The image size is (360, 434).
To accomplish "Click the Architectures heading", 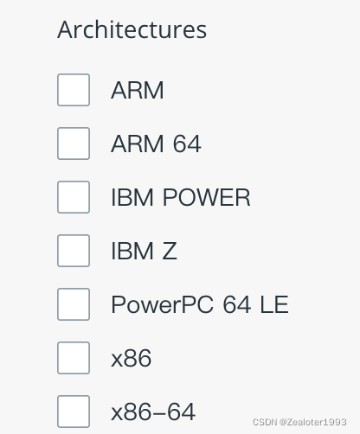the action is click(x=132, y=29).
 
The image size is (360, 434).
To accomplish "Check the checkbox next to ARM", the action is click(x=74, y=90).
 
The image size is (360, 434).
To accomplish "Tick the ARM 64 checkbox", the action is click(x=74, y=144).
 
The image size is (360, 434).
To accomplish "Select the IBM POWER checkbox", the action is click(x=74, y=197).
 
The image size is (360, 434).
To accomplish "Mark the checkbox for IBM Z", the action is click(x=74, y=251).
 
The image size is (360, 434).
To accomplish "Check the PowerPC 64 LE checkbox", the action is click(x=74, y=304).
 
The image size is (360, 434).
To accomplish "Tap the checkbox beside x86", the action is click(x=74, y=358).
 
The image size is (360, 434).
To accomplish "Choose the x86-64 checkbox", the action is click(x=74, y=412).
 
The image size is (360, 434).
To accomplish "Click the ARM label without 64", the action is click(x=138, y=90).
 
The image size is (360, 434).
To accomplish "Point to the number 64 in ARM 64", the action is click(x=187, y=144).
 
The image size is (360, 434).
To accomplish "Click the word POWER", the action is click(x=207, y=197).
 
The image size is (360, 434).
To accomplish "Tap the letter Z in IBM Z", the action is click(x=170, y=251).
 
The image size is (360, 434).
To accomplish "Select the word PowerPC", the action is click(x=163, y=304).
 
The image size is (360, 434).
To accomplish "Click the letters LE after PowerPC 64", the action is click(x=274, y=304).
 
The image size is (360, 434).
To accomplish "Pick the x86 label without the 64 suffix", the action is click(x=132, y=358).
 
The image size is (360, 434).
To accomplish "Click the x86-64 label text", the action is click(x=153, y=412).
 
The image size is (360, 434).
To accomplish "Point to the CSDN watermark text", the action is click(x=265, y=422).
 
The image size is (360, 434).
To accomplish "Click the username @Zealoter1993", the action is click(x=312, y=422).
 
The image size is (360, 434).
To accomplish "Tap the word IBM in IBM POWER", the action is click(x=132, y=197).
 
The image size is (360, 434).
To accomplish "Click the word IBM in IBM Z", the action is click(x=132, y=251).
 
